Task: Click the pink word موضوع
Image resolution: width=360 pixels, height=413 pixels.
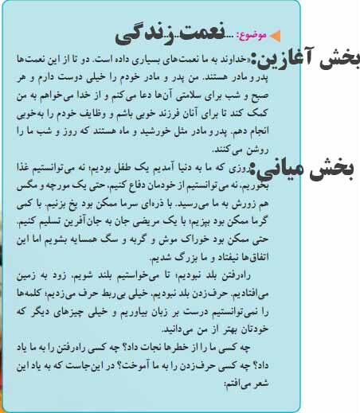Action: tap(253, 35)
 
